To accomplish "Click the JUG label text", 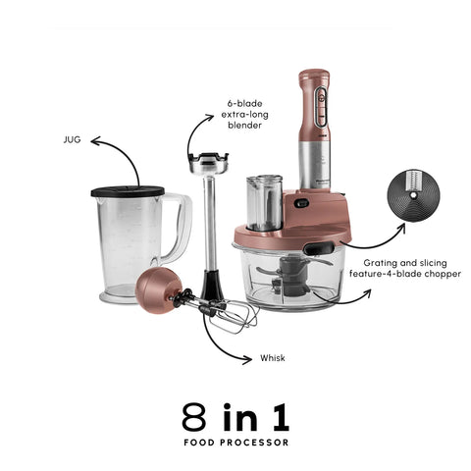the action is pos(72,140).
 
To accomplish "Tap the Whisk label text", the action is pos(273,358).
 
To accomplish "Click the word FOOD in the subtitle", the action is pos(198,443).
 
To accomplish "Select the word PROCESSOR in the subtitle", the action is pos(254,443).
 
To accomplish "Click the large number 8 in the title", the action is pos(194,417).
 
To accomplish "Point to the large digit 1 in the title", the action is pos(282,417).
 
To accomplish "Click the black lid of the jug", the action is pos(128,191).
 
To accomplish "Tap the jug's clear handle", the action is pos(179,228).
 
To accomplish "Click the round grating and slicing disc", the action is pos(413,195).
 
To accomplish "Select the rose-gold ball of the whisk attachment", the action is pos(158,289).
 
